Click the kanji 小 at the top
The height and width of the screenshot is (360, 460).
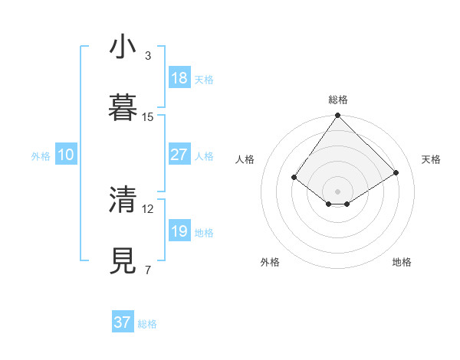pos(123,48)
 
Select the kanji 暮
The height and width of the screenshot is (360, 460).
pos(123,108)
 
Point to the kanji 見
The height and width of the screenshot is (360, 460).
pos(123,260)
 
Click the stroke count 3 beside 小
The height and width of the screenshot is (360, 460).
pos(148,56)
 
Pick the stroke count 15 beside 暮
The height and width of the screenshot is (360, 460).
pos(148,116)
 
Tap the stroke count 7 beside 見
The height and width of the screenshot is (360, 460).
pos(148,270)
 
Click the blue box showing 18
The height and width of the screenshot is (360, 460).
pos(179,78)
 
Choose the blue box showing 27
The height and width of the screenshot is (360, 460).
pos(179,155)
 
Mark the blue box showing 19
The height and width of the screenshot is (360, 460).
pos(179,231)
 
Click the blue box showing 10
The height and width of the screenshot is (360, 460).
pos(65,155)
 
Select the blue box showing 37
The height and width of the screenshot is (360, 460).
pos(122,322)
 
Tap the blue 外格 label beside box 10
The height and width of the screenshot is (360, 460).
pos(41,156)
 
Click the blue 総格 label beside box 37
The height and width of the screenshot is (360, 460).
pos(147,324)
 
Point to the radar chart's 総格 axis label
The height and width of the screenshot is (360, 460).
pos(337,100)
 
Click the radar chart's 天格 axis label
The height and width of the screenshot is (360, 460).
pos(431,159)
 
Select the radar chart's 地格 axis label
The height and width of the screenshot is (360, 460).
pos(402,262)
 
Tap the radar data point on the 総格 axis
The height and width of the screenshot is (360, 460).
pos(337,116)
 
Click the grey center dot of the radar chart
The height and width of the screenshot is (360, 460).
pos(337,191)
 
